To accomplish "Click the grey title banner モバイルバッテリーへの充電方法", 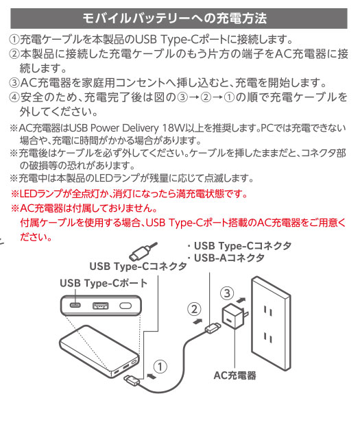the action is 179,19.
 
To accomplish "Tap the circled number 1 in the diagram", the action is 160,367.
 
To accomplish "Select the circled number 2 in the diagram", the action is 194,309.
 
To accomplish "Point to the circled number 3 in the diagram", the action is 227,293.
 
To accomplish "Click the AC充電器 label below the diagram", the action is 235,375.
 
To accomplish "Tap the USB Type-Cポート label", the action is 104,283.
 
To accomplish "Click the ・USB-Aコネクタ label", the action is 226,258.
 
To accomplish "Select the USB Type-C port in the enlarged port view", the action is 75,305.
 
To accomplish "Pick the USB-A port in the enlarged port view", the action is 100,306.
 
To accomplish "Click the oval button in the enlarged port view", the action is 125,306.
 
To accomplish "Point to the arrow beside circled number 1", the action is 152,375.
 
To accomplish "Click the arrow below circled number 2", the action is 197,321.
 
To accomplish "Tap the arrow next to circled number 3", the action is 241,299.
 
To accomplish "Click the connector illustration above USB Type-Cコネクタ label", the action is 143,251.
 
